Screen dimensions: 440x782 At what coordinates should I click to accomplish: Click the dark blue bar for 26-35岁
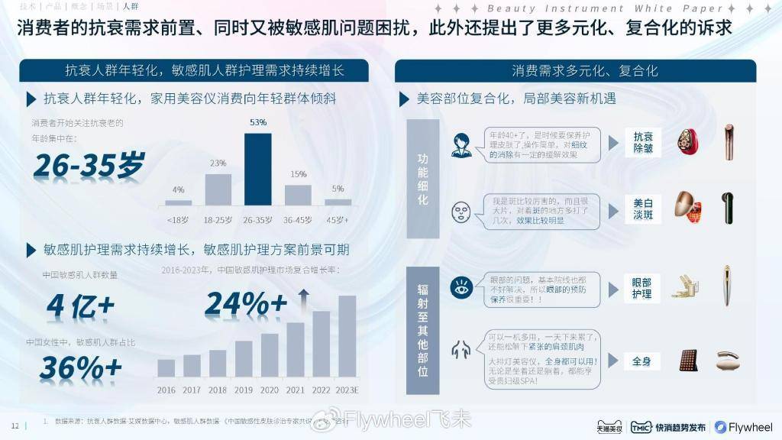coord(258,170)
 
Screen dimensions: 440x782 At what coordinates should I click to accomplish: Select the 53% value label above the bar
coord(258,122)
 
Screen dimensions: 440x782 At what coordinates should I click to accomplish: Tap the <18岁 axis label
coord(178,219)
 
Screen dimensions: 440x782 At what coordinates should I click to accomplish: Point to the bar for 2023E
coord(347,336)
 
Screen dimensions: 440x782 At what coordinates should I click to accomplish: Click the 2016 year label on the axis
coord(166,390)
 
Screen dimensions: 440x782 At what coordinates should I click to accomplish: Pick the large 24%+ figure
coord(246,304)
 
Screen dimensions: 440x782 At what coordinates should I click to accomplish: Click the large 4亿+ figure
coord(80,305)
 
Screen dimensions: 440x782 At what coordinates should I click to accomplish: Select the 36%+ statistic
coord(80,368)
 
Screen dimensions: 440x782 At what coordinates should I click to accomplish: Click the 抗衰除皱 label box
coord(642,143)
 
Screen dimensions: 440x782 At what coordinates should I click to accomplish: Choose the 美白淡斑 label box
coord(642,209)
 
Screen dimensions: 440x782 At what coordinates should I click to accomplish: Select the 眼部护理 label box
coord(642,288)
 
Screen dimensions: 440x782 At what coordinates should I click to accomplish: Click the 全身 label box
coord(642,361)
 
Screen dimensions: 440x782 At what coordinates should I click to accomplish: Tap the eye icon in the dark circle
coord(461,288)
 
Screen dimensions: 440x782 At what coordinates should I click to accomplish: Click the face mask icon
coord(461,209)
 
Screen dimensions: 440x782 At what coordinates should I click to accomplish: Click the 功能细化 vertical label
coord(422,179)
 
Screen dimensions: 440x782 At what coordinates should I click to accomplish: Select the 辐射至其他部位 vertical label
coord(422,329)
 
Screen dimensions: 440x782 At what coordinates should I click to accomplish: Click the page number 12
coord(15,425)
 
